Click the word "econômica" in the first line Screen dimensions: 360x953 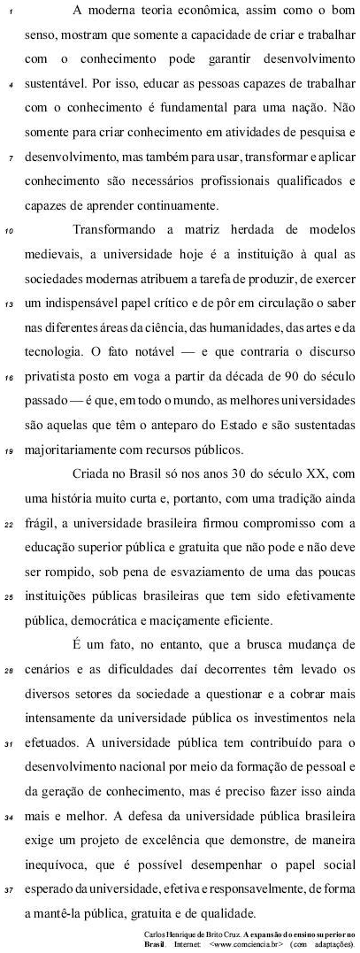click(x=176, y=11)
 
